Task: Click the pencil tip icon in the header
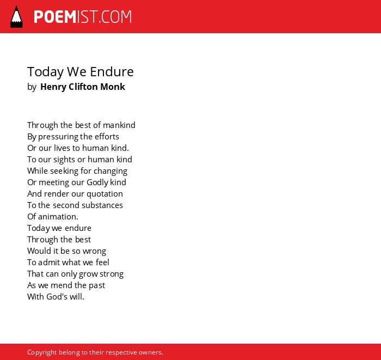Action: [16, 17]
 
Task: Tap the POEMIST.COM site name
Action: [83, 17]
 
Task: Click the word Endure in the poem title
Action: [112, 72]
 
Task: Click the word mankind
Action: [119, 125]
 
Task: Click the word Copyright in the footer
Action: [42, 352]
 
